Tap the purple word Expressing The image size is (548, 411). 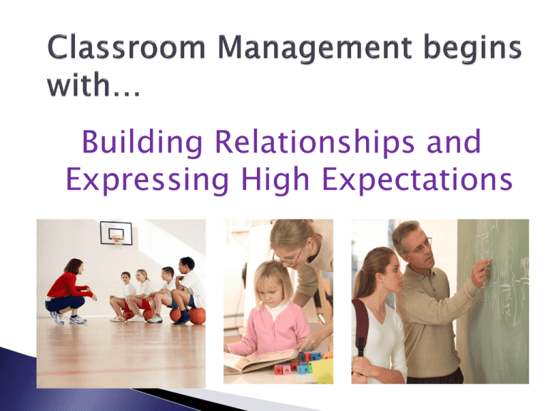tap(147, 181)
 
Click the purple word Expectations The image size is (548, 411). tap(417, 181)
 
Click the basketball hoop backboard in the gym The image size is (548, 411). tap(116, 233)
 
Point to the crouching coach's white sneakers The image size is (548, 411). tap(68, 318)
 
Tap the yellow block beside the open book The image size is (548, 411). tap(323, 371)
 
